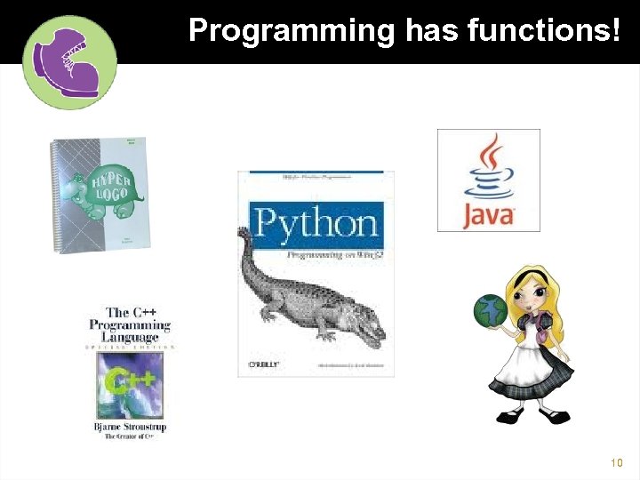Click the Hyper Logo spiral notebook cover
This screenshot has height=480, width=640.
99,196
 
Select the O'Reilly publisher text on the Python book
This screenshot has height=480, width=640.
264,364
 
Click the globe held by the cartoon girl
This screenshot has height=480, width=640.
491,310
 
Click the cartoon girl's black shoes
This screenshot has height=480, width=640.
533,414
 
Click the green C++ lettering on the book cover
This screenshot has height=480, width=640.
130,383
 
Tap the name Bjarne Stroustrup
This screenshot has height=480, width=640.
130,427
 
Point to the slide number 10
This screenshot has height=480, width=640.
618,463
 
